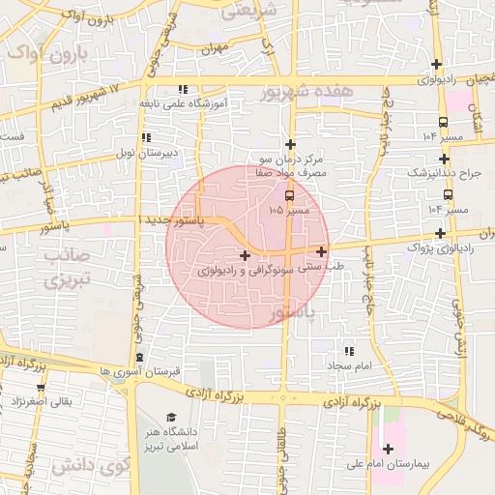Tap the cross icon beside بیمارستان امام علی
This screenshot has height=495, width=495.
(x=389, y=448)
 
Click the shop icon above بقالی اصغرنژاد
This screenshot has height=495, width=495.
(x=40, y=383)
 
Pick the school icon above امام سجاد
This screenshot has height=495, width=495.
(x=348, y=351)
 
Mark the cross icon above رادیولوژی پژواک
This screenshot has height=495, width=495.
(x=441, y=233)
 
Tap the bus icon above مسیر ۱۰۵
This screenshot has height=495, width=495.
(x=289, y=194)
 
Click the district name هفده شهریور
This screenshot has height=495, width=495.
(x=308, y=92)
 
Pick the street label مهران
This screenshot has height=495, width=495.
(x=215, y=46)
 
